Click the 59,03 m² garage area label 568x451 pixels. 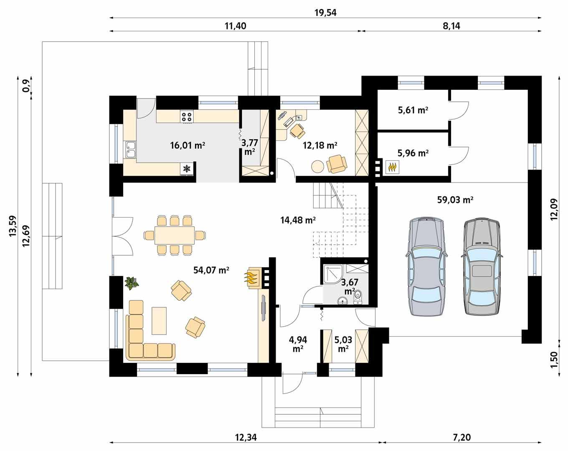tap(455, 200)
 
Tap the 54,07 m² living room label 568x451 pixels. tap(211, 270)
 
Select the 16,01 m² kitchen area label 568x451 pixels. tap(187, 145)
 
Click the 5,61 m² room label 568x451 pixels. tap(413, 110)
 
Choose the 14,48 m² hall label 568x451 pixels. tap(298, 220)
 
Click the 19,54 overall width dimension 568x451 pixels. tap(325, 13)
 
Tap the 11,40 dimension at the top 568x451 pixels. tap(235, 26)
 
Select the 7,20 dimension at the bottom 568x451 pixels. tap(461, 437)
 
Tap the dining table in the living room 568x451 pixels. tap(174, 235)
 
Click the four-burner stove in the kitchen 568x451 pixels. tap(187, 117)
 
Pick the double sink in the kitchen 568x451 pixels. tap(130, 150)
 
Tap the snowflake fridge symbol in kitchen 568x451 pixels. tap(187, 169)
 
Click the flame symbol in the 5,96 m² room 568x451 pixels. tap(392, 167)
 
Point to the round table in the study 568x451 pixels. tap(317, 167)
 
